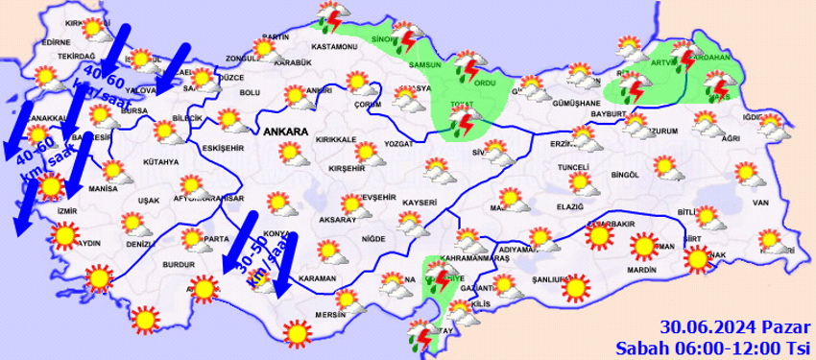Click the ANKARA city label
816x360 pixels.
285,132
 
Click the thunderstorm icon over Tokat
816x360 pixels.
463,123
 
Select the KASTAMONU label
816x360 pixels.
334,47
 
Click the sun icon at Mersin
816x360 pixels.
298,332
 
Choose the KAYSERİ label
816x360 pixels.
420,203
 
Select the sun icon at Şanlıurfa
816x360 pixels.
574,287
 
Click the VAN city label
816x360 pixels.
760,203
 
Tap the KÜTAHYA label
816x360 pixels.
160,161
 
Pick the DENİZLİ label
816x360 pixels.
140,245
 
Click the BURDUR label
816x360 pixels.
180,262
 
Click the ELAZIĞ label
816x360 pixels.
569,206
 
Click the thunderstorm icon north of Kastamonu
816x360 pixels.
333,18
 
